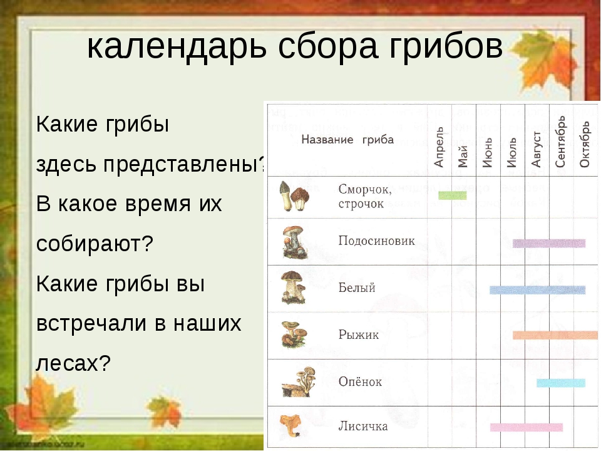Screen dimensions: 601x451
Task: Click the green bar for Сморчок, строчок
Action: tap(452, 195)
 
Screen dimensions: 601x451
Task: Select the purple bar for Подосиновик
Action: tap(549, 243)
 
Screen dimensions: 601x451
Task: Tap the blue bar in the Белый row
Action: tap(537, 290)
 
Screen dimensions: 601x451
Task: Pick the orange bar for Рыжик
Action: tap(555, 335)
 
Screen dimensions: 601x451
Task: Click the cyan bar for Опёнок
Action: tap(561, 383)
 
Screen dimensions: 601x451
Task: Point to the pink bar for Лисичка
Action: tap(527, 427)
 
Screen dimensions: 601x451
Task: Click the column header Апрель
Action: tap(439, 147)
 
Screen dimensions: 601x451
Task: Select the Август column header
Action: tap(537, 149)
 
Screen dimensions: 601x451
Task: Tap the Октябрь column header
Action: tap(585, 145)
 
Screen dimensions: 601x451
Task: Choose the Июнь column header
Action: tap(488, 153)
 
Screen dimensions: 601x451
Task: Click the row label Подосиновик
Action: tap(376, 241)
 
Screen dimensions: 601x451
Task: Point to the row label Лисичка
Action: tap(363, 426)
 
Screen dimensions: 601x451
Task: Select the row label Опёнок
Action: tap(361, 381)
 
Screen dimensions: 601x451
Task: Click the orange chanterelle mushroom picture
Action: tap(290, 425)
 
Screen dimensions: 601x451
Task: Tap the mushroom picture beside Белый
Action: tap(293, 288)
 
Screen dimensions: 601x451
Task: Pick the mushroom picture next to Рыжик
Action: tap(294, 334)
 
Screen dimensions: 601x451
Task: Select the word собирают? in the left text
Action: tap(95, 243)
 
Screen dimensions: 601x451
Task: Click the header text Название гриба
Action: tap(347, 140)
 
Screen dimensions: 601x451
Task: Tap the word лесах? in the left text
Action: tap(73, 363)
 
